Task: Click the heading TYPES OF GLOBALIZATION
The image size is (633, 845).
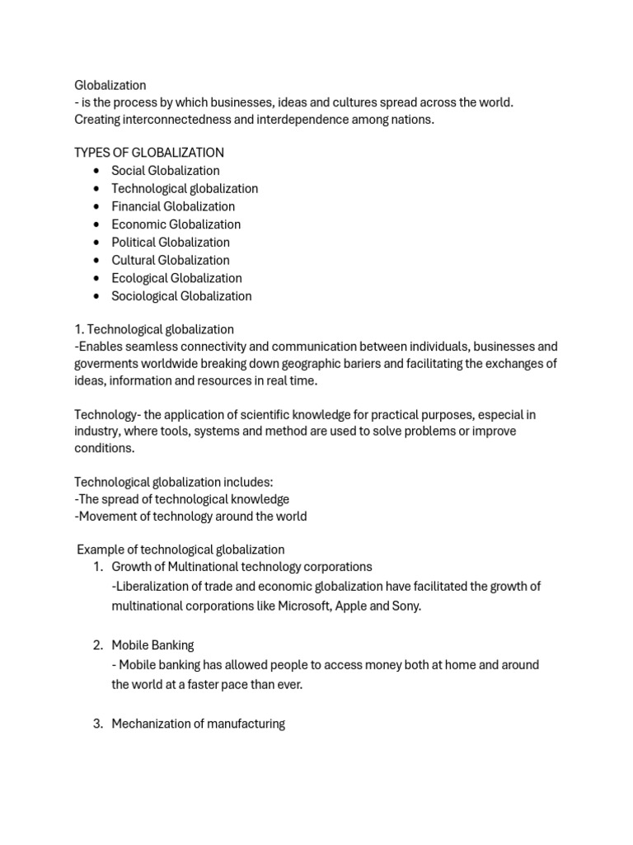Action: tap(149, 153)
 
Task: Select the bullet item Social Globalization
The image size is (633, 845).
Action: tap(166, 171)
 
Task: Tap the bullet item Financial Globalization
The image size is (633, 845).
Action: tap(173, 206)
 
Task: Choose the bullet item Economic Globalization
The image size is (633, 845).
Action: tap(176, 224)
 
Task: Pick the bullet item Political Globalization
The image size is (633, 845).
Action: tap(171, 243)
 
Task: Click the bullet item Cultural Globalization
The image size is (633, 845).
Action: tap(171, 261)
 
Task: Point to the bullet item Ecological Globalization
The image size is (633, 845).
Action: tap(176, 278)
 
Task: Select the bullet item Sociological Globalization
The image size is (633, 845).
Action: tap(181, 296)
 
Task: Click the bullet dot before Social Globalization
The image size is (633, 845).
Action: tap(97, 171)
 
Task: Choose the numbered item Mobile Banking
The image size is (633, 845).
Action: tap(152, 645)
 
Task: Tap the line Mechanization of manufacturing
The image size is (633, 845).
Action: tap(198, 724)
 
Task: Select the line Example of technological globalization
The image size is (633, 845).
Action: tap(181, 550)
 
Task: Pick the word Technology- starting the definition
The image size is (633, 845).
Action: tap(105, 414)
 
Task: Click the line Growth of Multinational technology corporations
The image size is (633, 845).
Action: tap(241, 567)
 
